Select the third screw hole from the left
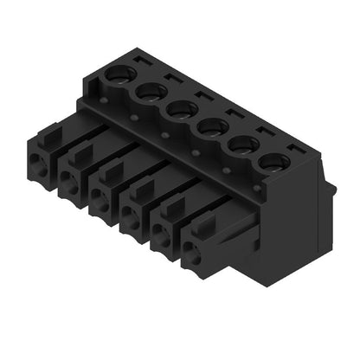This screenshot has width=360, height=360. [x=180, y=108]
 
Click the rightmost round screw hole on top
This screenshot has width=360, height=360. [x=274, y=162]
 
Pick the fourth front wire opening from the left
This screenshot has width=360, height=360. [x=131, y=215]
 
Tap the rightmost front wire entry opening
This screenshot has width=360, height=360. [x=192, y=254]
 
